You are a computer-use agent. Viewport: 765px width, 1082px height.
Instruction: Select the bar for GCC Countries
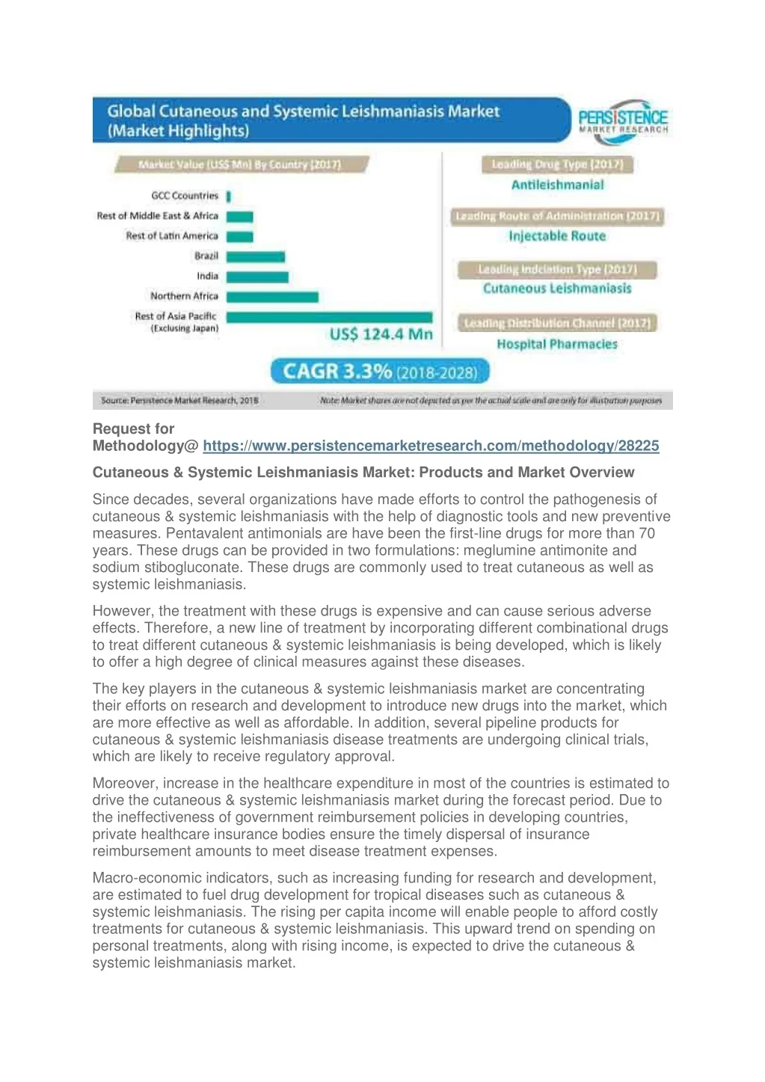pyautogui.click(x=229, y=196)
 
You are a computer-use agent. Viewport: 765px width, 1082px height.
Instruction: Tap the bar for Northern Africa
pyautogui.click(x=272, y=297)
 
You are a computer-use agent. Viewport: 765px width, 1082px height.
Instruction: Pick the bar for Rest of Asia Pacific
pyautogui.click(x=329, y=317)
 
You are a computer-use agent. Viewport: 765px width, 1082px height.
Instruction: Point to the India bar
pyautogui.click(x=257, y=277)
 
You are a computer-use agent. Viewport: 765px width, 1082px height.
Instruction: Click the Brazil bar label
pyautogui.click(x=206, y=256)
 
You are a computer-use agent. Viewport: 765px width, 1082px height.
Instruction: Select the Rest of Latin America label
pyautogui.click(x=172, y=236)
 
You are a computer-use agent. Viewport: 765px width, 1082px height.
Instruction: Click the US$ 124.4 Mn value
pyautogui.click(x=381, y=334)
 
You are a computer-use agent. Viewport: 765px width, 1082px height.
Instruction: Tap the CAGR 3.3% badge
pyautogui.click(x=380, y=372)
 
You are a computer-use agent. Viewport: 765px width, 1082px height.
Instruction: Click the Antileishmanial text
pyautogui.click(x=557, y=185)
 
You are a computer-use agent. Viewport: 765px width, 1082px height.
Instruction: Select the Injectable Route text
pyautogui.click(x=557, y=236)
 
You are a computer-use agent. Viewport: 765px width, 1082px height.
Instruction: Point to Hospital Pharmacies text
pyautogui.click(x=557, y=344)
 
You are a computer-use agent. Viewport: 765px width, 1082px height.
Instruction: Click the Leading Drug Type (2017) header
pyautogui.click(x=557, y=165)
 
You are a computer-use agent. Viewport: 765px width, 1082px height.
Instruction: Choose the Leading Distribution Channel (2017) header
pyautogui.click(x=557, y=323)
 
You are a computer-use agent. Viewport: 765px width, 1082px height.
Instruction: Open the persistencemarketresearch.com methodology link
pyautogui.click(x=431, y=446)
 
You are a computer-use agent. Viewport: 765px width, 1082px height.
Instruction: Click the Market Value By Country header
pyautogui.click(x=240, y=165)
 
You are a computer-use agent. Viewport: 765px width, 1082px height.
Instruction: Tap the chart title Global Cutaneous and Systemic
pyautogui.click(x=303, y=111)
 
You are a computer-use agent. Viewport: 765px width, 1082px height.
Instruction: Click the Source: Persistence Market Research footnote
pyautogui.click(x=179, y=401)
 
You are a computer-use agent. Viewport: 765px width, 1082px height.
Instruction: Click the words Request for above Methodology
pyautogui.click(x=133, y=428)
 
